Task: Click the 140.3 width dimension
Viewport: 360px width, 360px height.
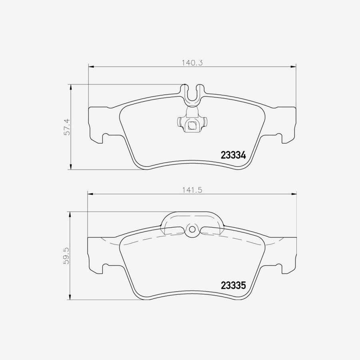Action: [x=192, y=63]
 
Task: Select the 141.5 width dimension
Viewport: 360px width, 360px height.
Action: [x=192, y=190]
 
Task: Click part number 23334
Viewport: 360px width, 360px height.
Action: [x=233, y=156]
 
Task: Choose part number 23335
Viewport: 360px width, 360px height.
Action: [x=233, y=285]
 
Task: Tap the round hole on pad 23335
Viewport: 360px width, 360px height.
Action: [x=192, y=229]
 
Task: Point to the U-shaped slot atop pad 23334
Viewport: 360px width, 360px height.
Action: [x=192, y=94]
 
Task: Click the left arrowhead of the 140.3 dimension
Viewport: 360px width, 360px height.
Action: [x=91, y=67]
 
